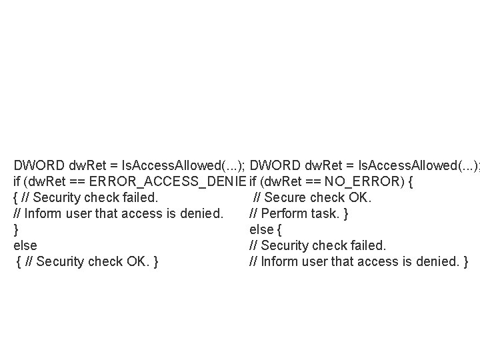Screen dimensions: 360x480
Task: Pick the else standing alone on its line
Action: click(25, 245)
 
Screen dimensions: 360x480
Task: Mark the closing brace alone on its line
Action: click(15, 229)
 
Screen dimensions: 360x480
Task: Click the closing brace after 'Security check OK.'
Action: click(155, 261)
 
